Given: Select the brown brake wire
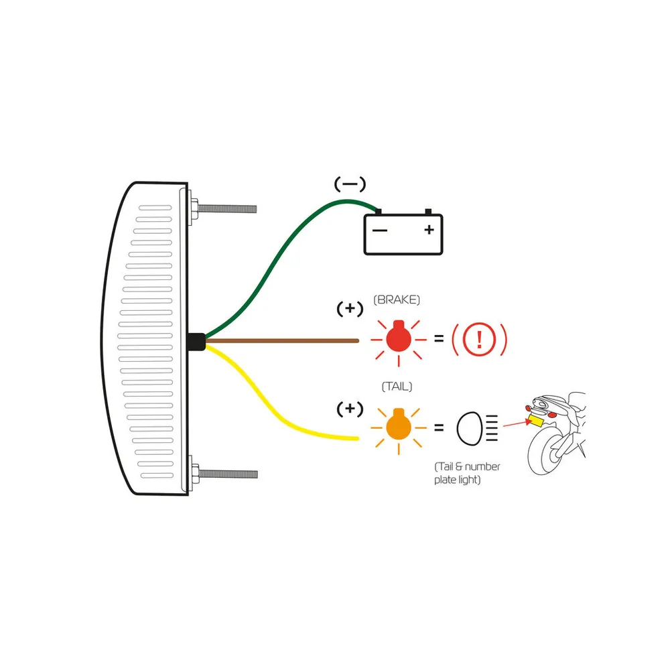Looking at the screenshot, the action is coord(282,340).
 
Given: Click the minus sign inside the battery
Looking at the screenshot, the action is coord(379,230).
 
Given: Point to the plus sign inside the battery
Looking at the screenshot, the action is coord(429,230).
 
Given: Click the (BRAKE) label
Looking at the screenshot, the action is coord(397,299).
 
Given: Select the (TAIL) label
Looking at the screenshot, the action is coord(397,387).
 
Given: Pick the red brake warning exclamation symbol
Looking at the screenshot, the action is coord(480,339).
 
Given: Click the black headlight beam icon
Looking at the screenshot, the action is coord(477,428).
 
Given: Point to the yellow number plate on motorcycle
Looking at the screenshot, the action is coord(536,421).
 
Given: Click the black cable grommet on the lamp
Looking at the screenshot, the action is coord(196,342).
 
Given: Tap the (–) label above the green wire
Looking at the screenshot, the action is coord(350,184).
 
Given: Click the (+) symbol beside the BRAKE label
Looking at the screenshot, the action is coord(350,308).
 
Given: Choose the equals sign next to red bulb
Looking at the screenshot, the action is coord(439,338).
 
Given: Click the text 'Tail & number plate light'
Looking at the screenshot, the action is coord(467,473).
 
